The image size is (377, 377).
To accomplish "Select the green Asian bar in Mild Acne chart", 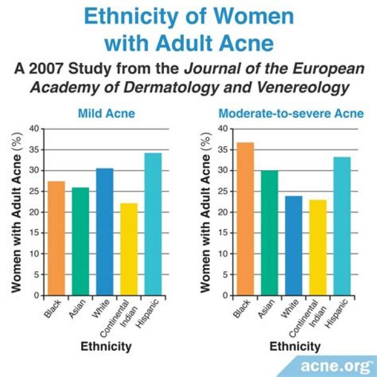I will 80,241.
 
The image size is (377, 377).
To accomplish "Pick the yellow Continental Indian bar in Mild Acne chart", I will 129,249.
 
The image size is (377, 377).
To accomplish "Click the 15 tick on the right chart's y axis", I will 223,233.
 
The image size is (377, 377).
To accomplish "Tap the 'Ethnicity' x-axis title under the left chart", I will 106,347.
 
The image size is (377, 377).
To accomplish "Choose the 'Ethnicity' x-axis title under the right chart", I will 295,347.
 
